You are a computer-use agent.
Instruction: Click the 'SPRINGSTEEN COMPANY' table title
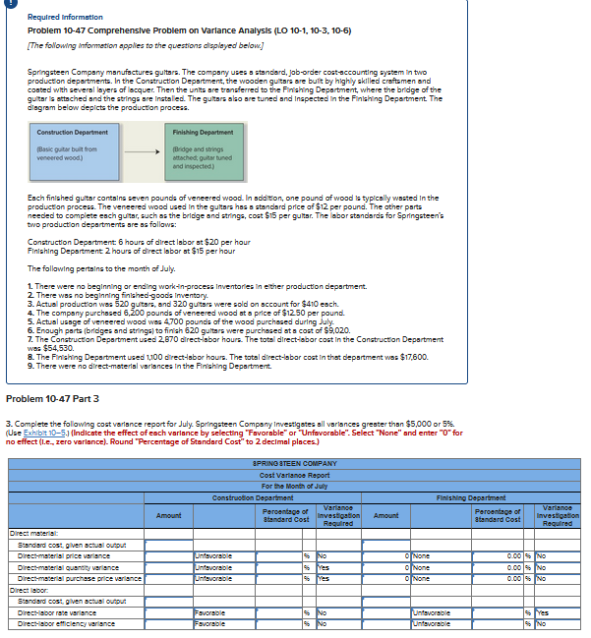point(295,462)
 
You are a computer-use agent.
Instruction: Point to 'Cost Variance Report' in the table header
point(295,475)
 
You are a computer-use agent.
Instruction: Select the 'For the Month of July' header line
point(295,486)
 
